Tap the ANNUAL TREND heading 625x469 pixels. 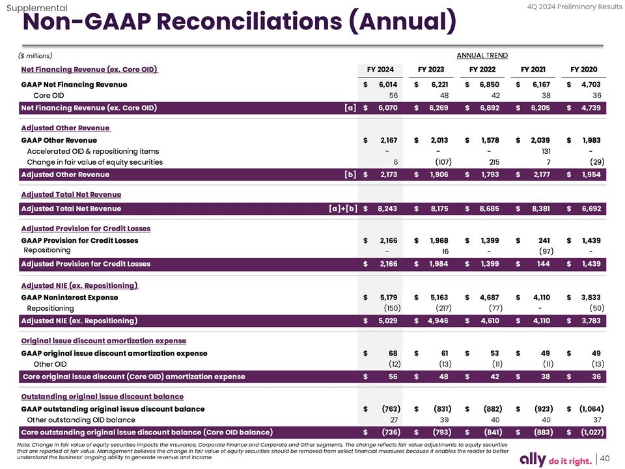482,55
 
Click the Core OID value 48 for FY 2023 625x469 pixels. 437,95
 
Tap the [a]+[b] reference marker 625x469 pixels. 344,208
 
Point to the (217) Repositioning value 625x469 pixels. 439,308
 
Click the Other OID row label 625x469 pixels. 50,364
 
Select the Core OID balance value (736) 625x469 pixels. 388,432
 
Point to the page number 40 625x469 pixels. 605,458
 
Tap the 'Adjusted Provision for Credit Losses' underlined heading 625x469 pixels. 85,229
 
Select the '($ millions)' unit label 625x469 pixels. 36,55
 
